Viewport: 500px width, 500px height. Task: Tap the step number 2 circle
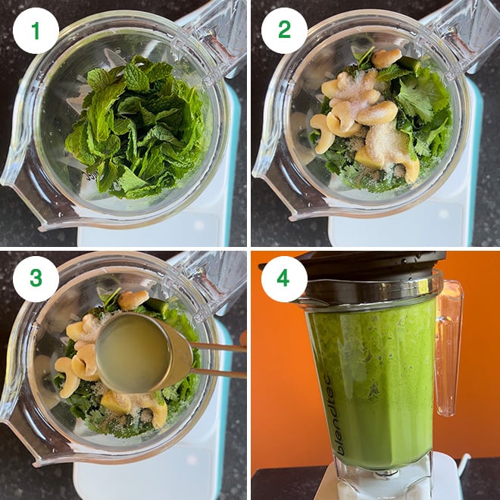284,30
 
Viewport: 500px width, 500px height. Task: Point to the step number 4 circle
284,279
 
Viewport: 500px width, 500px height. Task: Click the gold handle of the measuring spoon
216,360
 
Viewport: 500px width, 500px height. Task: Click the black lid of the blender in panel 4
364,265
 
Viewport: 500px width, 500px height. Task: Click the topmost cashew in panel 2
386,58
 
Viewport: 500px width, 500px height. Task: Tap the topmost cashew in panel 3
133,298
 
